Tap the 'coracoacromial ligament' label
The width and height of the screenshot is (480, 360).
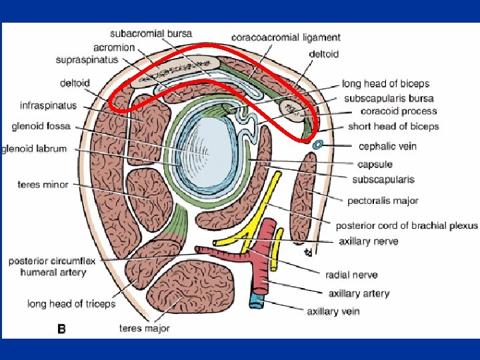coord(286,37)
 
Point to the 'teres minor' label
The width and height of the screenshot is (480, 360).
coord(43,185)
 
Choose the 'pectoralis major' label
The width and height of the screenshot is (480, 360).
coord(382,200)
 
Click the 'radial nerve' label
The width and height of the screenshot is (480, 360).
coord(351,274)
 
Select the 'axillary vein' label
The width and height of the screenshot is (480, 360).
coord(333,311)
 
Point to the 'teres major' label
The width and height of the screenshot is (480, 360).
coord(145,328)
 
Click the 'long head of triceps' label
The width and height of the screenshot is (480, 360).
coord(71,304)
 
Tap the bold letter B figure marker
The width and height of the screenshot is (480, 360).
coord(61,329)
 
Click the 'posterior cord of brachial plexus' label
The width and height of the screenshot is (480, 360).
coord(406,225)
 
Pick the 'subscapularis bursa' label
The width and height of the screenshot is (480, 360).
coord(389,98)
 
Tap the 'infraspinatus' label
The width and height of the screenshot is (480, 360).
coord(48,105)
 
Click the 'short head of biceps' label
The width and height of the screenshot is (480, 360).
coord(393,126)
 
